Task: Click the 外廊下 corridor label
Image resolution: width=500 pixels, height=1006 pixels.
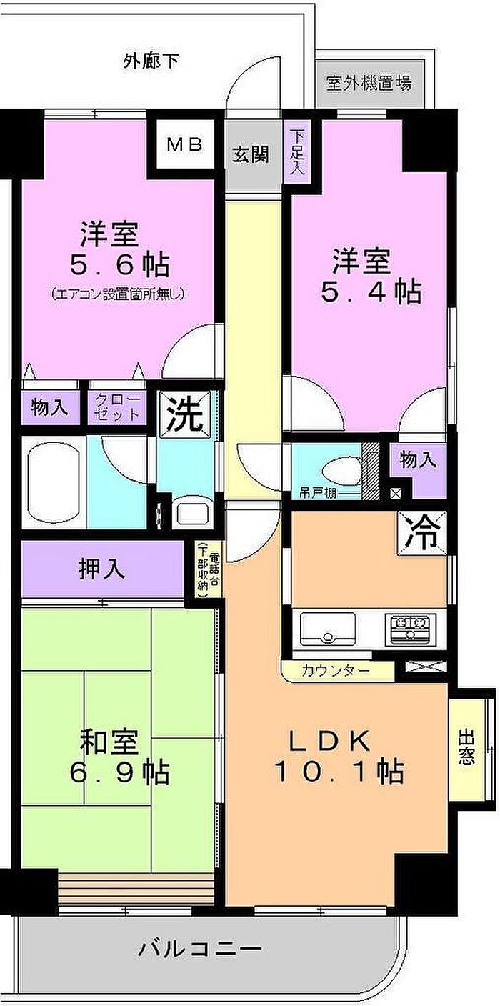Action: point(151,61)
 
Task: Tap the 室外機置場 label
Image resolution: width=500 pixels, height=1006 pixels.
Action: point(369,83)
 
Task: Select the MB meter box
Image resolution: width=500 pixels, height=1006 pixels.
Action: point(184,144)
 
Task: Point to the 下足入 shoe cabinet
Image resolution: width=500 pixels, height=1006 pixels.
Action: point(297,152)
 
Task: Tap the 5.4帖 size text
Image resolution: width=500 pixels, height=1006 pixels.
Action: point(371,292)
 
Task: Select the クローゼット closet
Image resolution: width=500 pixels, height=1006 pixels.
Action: point(118,407)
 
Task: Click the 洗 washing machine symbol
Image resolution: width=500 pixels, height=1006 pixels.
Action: point(186,414)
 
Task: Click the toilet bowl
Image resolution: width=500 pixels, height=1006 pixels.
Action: point(344,471)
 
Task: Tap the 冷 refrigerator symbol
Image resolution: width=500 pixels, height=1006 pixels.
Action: point(422,534)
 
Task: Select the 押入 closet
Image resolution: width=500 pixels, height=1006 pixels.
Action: point(103,569)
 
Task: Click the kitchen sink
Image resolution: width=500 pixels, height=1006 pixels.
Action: point(329,628)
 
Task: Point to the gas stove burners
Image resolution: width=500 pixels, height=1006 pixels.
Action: point(410,628)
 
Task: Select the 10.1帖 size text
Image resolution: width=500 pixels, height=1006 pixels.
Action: point(339,772)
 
